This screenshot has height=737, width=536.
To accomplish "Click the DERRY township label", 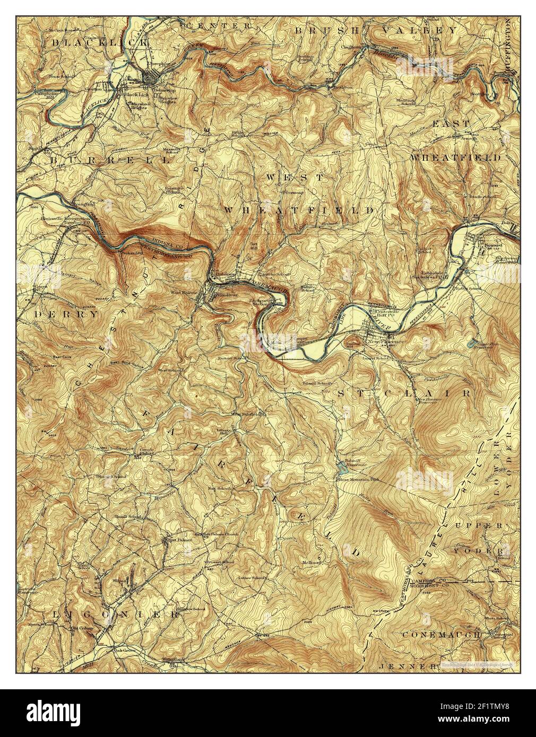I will tap(66, 314).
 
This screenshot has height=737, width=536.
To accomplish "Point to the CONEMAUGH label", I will tap(442, 634).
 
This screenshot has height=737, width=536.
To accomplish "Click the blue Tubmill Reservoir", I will tap(341, 468).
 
